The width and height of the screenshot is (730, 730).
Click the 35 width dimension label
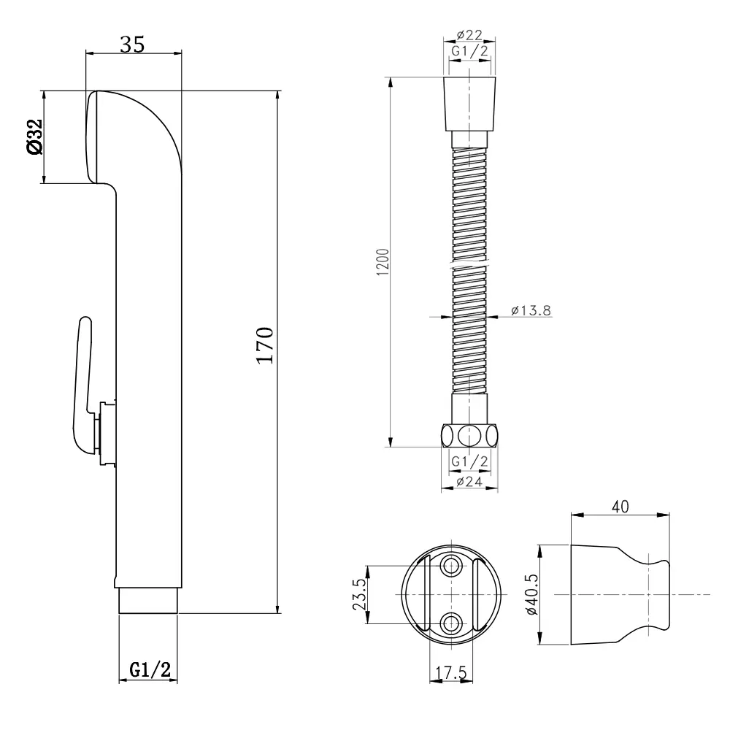(x=133, y=45)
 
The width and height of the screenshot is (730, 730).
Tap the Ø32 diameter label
(x=35, y=137)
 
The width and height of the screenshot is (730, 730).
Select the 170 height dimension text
(x=266, y=345)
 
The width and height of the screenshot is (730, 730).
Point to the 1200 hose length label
(x=383, y=262)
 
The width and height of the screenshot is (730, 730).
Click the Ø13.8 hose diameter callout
(x=531, y=310)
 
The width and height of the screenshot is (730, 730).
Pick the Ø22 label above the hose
(x=469, y=35)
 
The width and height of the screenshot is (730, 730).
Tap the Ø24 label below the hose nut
(x=469, y=481)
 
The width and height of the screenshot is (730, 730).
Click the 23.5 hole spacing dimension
(x=360, y=594)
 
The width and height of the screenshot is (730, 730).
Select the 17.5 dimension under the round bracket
(x=450, y=672)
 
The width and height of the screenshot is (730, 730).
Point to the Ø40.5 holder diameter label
(x=531, y=594)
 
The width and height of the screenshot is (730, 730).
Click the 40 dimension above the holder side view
(x=620, y=507)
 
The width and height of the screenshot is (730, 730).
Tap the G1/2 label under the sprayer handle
(x=150, y=669)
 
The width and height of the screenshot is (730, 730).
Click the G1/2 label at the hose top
(x=469, y=51)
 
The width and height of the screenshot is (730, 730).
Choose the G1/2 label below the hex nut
(x=469, y=461)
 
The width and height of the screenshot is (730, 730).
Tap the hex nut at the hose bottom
(x=469, y=436)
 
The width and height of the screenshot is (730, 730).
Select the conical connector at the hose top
(x=469, y=104)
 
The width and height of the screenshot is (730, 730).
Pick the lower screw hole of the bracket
(x=450, y=623)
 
